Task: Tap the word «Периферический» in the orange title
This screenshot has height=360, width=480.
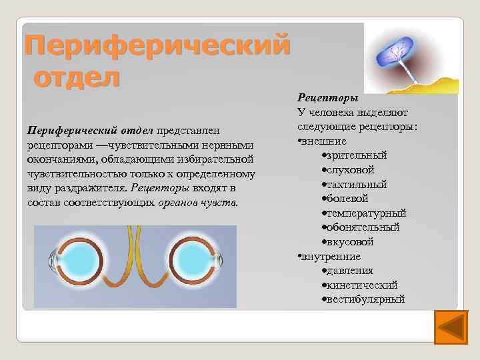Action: [x=157, y=45]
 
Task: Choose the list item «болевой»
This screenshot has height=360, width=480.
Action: [x=353, y=199]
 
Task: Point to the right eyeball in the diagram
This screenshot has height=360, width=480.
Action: [x=191, y=261]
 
